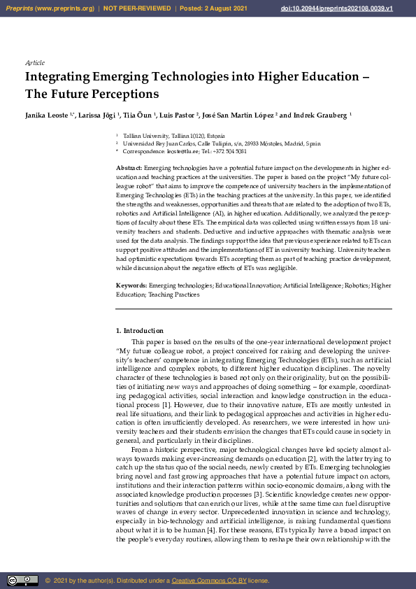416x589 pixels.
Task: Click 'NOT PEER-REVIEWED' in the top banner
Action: (x=137, y=8)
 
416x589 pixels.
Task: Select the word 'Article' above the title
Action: (x=34, y=62)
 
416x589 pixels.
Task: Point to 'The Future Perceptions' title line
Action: (x=92, y=93)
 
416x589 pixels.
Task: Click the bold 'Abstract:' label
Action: (x=129, y=169)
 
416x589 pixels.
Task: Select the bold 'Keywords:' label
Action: (x=131, y=286)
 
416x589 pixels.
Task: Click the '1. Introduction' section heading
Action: (x=139, y=330)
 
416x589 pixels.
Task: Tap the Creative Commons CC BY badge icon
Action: (x=22, y=580)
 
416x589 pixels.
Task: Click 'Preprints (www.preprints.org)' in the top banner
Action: (x=49, y=8)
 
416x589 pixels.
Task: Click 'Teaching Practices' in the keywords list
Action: (x=174, y=294)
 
